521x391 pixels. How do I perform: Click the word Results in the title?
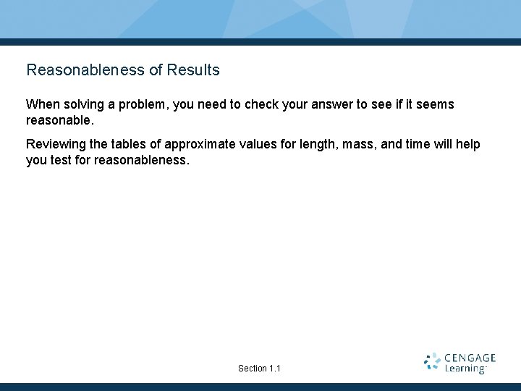point(193,70)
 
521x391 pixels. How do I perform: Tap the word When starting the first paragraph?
point(42,104)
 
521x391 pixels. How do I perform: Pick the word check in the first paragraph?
point(261,104)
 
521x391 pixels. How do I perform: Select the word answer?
point(331,105)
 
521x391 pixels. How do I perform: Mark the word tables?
point(130,144)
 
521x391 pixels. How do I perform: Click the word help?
point(467,145)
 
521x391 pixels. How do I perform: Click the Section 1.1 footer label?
point(259,369)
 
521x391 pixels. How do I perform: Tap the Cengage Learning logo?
point(460,363)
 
